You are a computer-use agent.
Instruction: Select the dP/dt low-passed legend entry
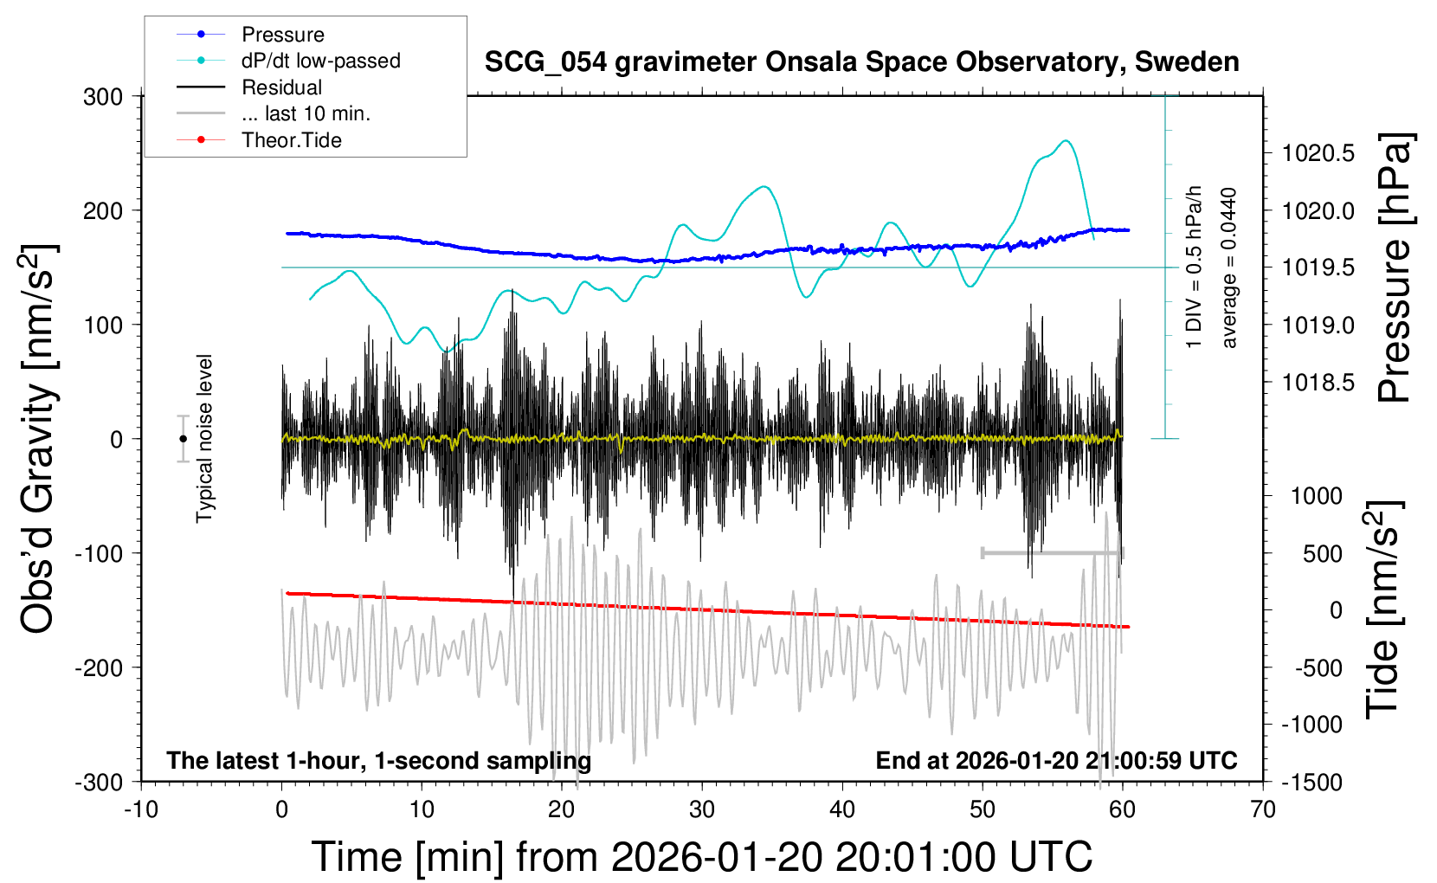tap(320, 61)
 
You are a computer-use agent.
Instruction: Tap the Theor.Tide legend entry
tap(291, 140)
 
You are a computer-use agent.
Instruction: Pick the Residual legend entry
tap(281, 87)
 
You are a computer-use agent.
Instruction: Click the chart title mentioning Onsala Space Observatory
tap(861, 62)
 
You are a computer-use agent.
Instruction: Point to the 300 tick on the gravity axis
tap(103, 97)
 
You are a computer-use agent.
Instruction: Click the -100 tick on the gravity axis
tap(99, 553)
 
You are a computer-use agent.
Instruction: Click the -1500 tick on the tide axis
tap(1311, 782)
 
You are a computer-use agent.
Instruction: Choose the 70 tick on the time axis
tap(1263, 809)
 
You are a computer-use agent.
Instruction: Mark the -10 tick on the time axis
tap(141, 809)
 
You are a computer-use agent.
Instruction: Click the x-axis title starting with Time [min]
tap(701, 857)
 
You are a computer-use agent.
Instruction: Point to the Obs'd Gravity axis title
tap(38, 439)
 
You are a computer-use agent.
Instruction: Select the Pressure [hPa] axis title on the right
tap(1395, 267)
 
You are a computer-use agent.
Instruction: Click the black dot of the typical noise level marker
tap(183, 439)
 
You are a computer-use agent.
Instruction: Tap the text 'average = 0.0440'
tap(1229, 267)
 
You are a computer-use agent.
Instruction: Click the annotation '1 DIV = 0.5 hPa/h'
tap(1195, 267)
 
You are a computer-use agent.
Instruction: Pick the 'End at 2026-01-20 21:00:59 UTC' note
tap(1056, 761)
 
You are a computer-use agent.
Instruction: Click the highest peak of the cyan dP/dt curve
tap(1066, 141)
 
